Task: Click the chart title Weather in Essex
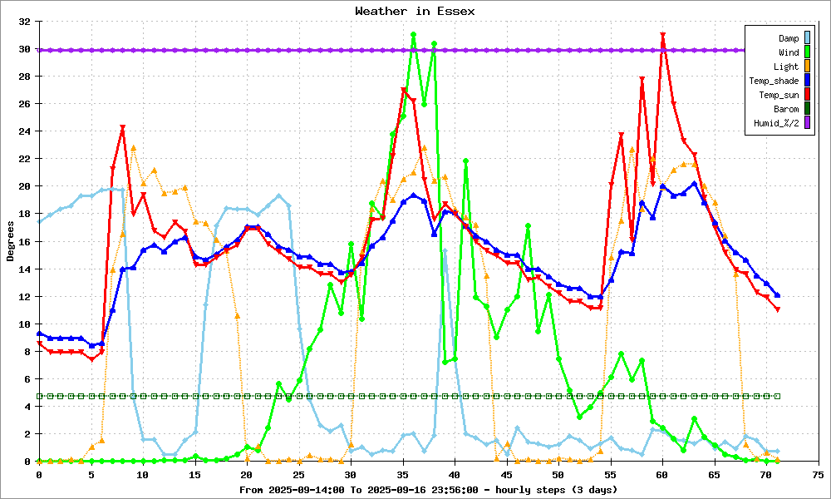pos(415,11)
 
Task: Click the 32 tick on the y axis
pos(25,22)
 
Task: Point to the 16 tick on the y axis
pos(25,241)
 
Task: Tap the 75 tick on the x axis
pos(818,474)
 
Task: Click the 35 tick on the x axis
pos(403,474)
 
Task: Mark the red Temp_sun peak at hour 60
pos(663,35)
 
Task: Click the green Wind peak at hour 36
pos(413,35)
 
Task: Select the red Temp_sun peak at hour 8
pos(122,128)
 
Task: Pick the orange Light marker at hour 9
pos(133,148)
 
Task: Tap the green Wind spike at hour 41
pos(465,161)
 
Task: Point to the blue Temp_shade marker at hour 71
pos(777,295)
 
